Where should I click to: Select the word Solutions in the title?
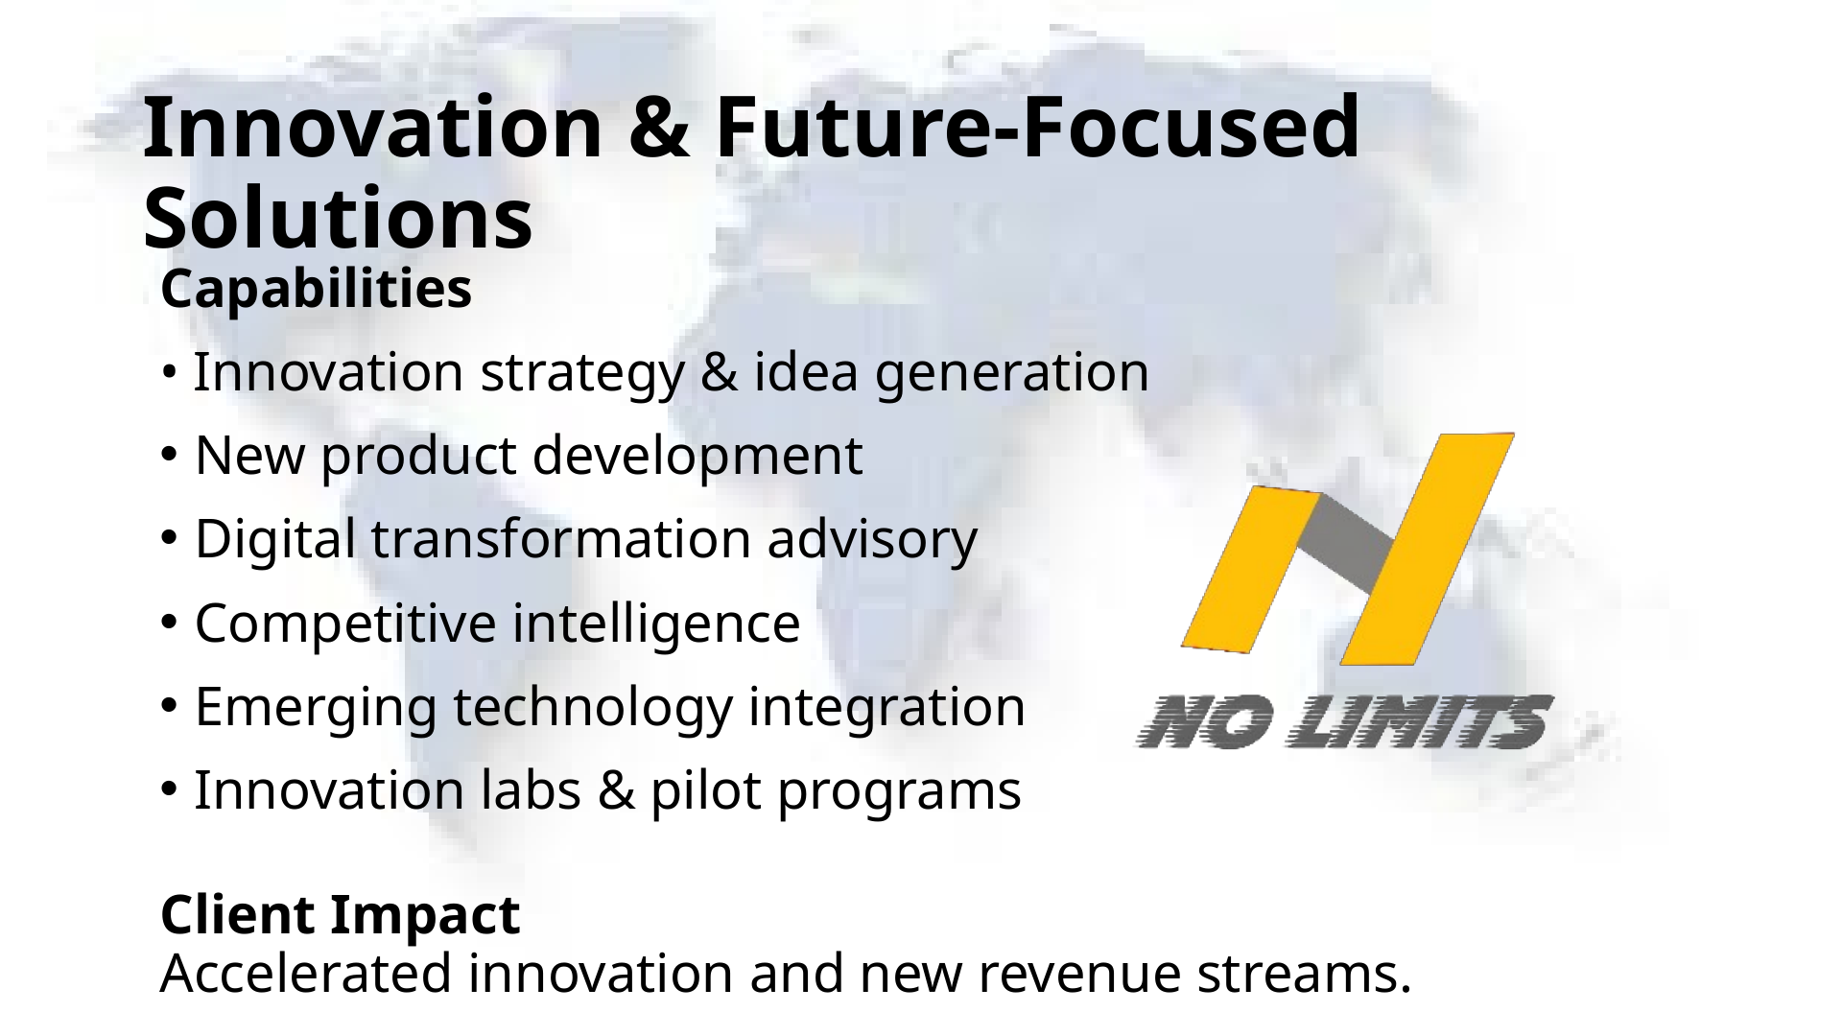(x=337, y=219)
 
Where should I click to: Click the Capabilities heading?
(x=316, y=290)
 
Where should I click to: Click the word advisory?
(x=871, y=539)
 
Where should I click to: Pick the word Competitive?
(x=344, y=624)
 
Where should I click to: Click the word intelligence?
(x=655, y=624)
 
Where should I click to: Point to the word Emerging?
(x=316, y=708)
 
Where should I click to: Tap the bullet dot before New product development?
(x=169, y=457)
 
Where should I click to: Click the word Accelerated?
(x=306, y=975)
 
